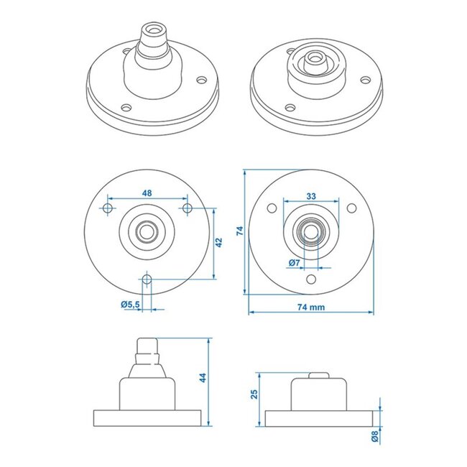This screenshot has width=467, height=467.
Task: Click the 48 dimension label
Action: click(x=147, y=193)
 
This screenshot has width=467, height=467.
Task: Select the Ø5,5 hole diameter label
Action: click(x=130, y=305)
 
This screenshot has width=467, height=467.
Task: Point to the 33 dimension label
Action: click(x=312, y=195)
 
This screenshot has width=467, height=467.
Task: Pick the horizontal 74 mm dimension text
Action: click(x=312, y=307)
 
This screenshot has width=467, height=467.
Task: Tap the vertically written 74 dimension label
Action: click(x=241, y=231)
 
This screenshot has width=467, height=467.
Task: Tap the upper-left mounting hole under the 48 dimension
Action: click(x=107, y=208)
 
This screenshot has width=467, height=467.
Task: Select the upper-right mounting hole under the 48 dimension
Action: click(x=188, y=208)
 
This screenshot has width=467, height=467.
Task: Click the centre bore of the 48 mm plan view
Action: click(x=147, y=231)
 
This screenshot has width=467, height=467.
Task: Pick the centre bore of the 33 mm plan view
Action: click(x=312, y=231)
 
